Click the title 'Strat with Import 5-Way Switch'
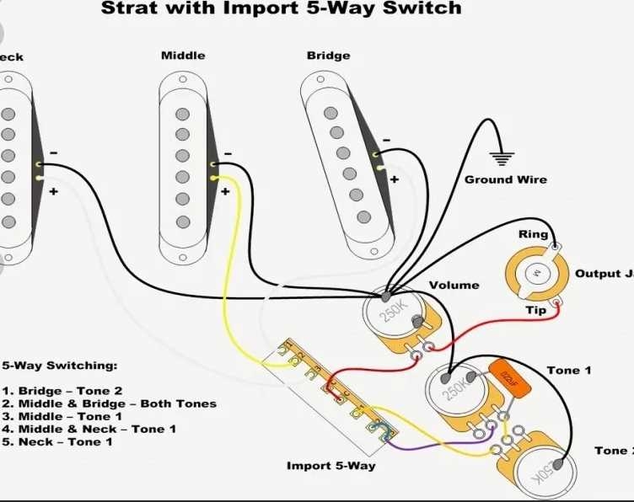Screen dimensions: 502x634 coord(281,9)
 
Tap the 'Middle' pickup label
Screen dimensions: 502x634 coord(183,56)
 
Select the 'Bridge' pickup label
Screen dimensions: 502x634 coord(328,56)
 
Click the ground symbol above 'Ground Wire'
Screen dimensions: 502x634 coord(502,158)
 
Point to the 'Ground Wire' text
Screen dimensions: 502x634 coord(505,179)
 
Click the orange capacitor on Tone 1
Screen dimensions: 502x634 coord(508,375)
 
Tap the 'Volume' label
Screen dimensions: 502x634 coord(454,286)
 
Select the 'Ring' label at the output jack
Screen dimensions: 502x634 coord(533,235)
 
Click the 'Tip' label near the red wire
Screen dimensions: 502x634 coord(535,310)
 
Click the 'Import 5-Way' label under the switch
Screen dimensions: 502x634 coord(330,466)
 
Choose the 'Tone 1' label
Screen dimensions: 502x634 coord(569,371)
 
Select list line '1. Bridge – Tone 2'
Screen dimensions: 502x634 coord(62,391)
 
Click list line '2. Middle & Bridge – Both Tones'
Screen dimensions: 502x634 coord(109,403)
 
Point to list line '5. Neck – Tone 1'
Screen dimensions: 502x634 coord(56,441)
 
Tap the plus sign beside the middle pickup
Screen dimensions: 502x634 coord(225,191)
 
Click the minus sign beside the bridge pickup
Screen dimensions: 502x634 coord(385,140)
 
